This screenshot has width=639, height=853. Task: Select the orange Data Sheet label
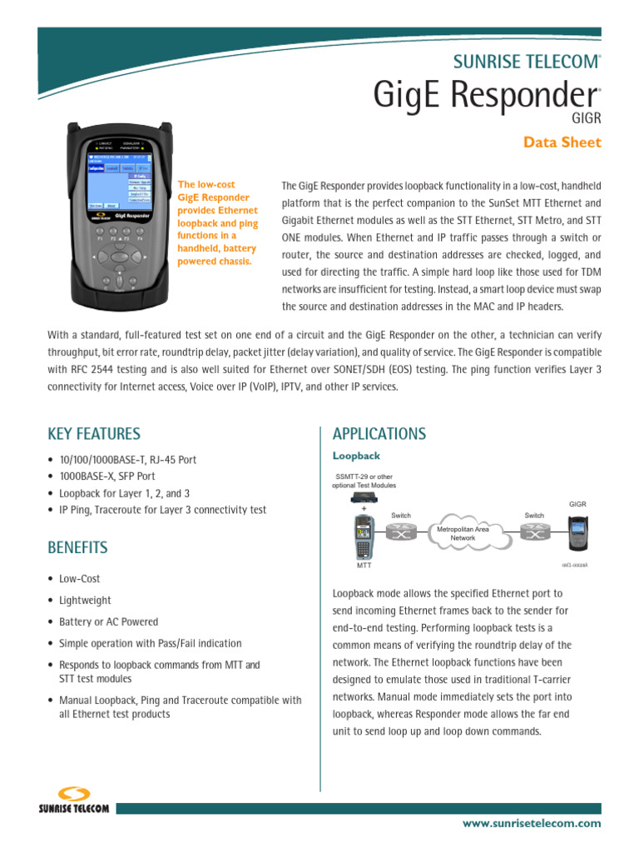562,142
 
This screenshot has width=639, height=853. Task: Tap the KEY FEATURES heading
94,434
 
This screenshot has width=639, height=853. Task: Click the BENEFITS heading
77,547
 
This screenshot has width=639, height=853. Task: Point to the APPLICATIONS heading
379,434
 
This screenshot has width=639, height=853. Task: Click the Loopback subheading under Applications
356,456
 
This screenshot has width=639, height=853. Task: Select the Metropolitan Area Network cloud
463,533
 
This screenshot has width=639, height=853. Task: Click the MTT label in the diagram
364,566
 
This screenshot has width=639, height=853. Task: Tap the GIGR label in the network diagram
577,504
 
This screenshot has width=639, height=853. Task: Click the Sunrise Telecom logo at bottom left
74,801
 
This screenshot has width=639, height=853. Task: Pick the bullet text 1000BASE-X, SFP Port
106,476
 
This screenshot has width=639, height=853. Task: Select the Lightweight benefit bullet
85,601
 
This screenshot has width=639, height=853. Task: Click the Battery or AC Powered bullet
108,622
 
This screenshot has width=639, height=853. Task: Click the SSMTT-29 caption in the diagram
364,481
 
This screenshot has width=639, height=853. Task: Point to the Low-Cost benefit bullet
79,579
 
